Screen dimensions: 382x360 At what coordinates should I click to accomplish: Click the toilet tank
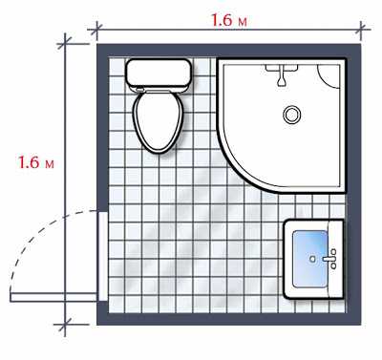coord(159,74)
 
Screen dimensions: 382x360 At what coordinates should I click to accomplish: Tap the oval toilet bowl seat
coord(159,121)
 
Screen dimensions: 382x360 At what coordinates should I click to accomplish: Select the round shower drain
coord(291,115)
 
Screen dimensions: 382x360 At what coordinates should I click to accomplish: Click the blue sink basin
coord(310,259)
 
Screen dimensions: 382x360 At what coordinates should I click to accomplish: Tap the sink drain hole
coord(312,259)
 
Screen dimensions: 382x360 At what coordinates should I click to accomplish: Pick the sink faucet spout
coord(328,259)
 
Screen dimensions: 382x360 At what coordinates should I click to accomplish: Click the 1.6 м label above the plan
coord(229,21)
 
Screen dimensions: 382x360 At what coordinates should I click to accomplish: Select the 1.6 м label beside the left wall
coord(35,162)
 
